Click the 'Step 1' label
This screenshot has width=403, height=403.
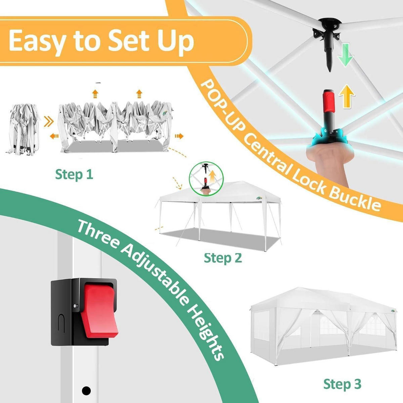tap(74, 174)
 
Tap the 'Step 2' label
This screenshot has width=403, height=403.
tap(223, 258)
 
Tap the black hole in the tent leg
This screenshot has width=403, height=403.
tap(86, 391)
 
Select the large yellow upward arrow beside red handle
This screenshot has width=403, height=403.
tap(347, 96)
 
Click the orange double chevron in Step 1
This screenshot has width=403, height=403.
tap(49, 122)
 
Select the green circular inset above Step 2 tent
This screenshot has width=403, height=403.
tap(207, 179)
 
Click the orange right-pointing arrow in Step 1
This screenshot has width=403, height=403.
tap(179, 136)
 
